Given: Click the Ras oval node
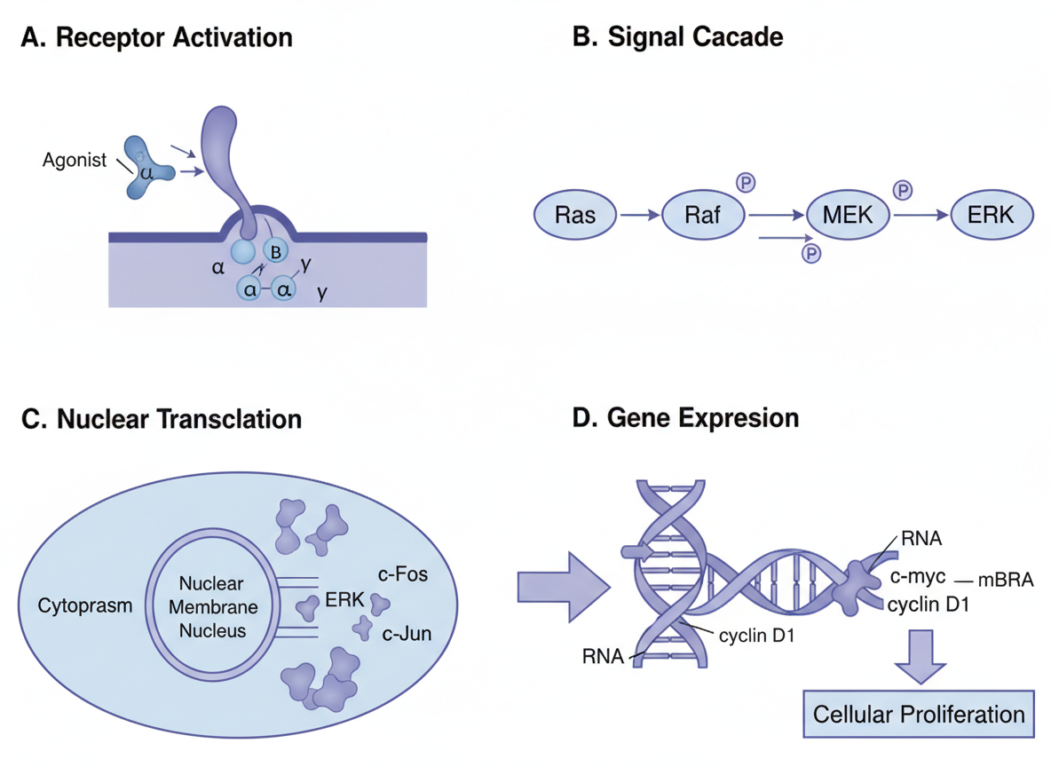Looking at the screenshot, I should point(574,215).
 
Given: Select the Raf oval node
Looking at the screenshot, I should point(702,215).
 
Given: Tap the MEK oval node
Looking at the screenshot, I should point(849,215).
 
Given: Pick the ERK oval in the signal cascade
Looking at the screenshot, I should point(992,215).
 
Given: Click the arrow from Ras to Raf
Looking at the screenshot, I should point(639,215).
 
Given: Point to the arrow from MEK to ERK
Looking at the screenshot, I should point(921,215).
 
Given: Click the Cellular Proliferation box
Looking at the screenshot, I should point(919,714).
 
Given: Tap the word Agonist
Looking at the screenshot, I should point(75,161).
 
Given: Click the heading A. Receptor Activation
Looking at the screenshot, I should point(156,38).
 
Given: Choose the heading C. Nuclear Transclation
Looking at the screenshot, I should point(162,418).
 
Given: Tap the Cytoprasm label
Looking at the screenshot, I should point(84,606).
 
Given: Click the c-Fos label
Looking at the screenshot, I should point(402,574).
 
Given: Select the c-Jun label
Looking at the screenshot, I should point(406,634).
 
